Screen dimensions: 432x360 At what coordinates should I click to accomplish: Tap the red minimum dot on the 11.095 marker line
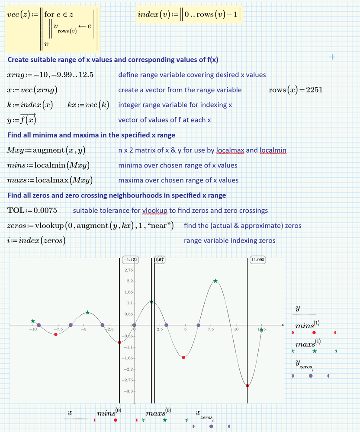click(x=247, y=386)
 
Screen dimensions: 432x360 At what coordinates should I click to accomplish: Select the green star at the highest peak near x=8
click(x=215, y=281)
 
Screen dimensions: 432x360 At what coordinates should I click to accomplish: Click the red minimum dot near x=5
click(x=184, y=357)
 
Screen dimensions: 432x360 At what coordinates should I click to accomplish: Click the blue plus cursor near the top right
click(x=332, y=57)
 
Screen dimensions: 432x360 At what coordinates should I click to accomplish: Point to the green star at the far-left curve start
click(x=33, y=321)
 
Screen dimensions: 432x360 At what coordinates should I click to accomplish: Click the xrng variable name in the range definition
click(x=16, y=75)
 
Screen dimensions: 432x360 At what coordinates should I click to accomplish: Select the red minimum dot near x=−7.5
click(x=55, y=334)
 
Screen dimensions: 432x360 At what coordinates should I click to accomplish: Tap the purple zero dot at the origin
click(x=134, y=325)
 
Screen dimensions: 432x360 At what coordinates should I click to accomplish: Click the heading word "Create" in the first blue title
click(x=19, y=60)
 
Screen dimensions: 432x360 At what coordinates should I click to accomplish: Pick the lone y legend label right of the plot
click(x=298, y=308)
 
